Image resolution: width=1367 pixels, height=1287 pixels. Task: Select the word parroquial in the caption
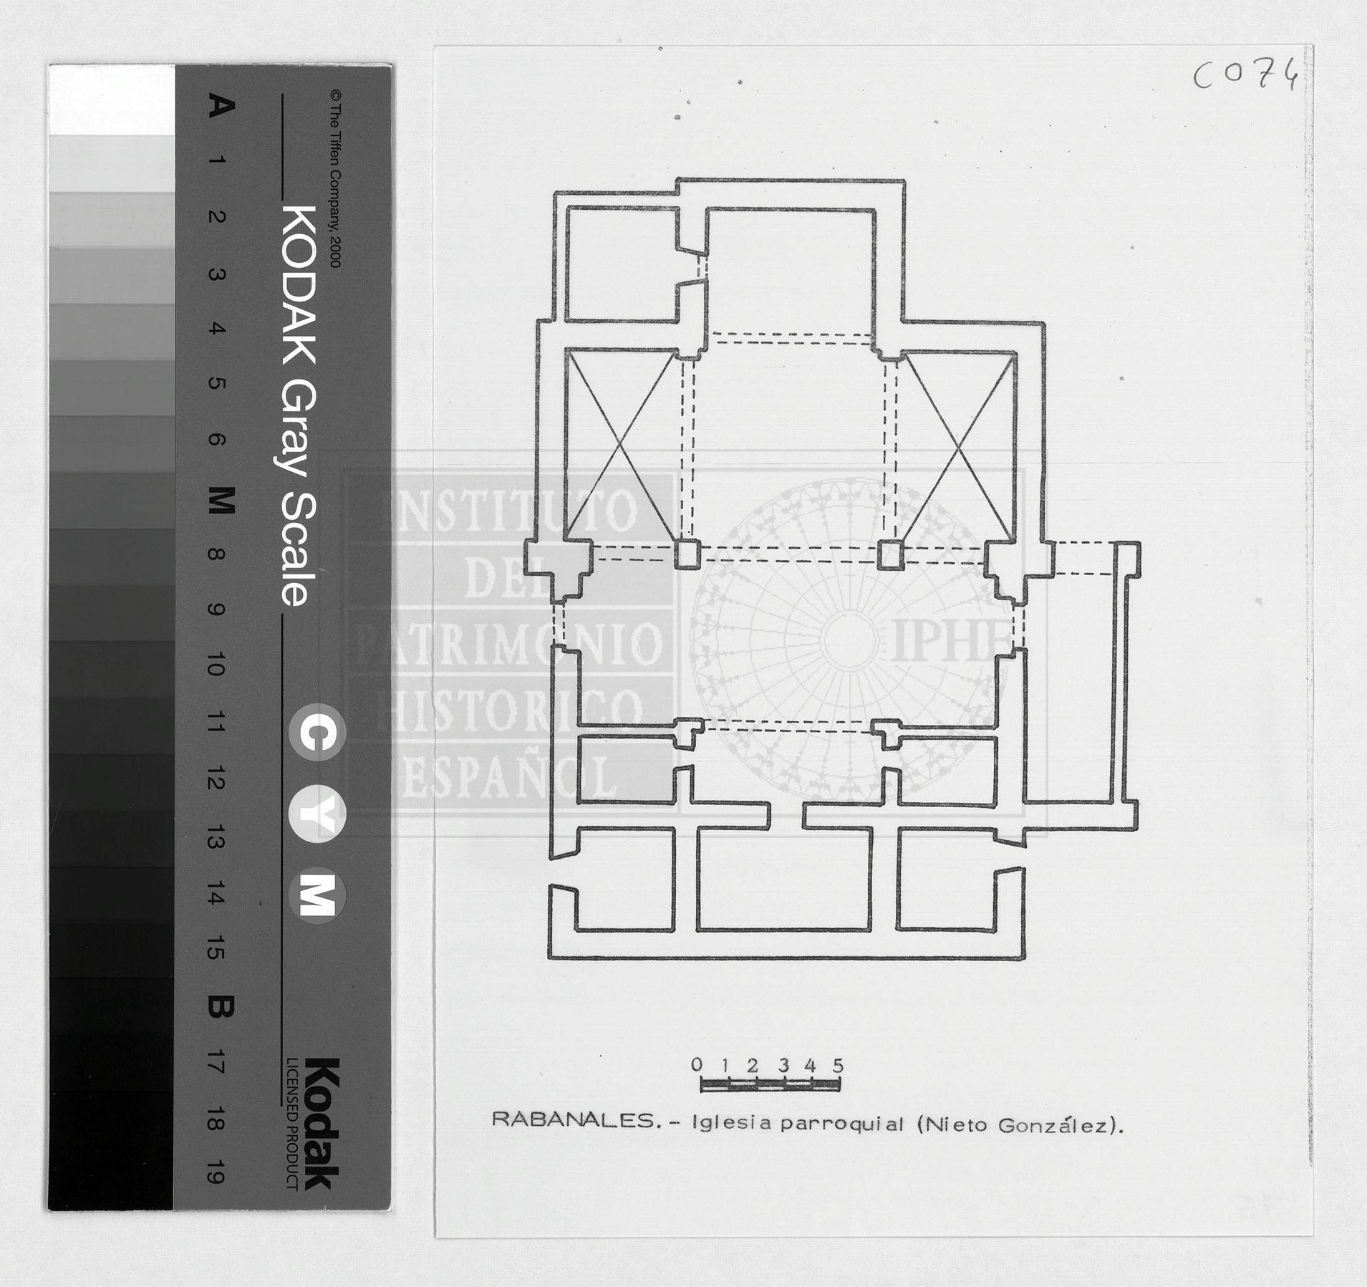pos(843,1124)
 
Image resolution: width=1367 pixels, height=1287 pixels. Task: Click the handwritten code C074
pos(1245,75)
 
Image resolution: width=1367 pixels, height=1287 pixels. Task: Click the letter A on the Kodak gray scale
pos(221,107)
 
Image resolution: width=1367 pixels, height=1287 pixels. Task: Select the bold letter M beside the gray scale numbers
pos(221,501)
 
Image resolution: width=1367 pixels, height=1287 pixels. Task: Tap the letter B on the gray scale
pos(221,1008)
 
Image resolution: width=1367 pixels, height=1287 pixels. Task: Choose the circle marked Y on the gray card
pos(317,814)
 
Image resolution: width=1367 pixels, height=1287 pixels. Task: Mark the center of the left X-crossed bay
pos(622,445)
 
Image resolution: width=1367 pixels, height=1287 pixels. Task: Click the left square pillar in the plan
pos(687,554)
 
